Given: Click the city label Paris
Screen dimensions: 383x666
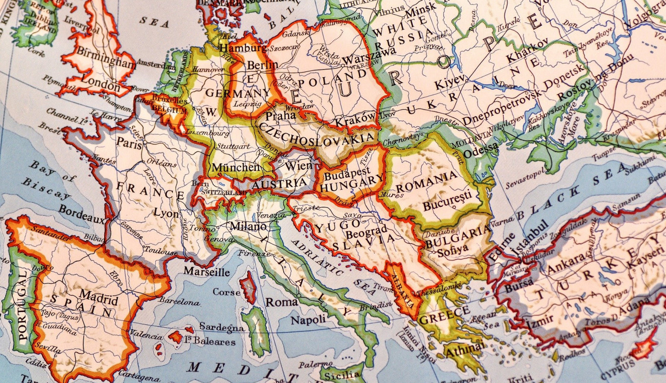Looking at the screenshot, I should pos(129,142).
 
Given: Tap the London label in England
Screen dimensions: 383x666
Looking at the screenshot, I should pos(100,85).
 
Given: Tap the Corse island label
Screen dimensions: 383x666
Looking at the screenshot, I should pos(226,292).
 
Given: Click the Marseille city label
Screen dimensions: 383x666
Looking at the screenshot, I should pos(206,272).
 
